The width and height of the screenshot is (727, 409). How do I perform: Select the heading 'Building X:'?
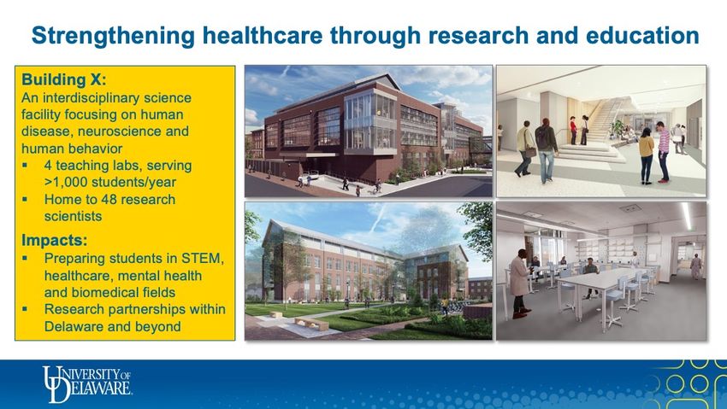coord(64,79)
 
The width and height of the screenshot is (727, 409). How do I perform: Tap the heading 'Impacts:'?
coord(54,241)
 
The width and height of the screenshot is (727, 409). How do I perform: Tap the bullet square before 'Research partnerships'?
coord(25,309)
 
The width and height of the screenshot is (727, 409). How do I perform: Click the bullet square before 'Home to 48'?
coord(25,200)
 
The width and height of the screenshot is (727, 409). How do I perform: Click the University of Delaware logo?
coord(87,384)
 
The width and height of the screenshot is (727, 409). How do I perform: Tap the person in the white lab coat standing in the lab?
coord(520,283)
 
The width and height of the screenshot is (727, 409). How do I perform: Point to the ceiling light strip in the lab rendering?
coord(686,216)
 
